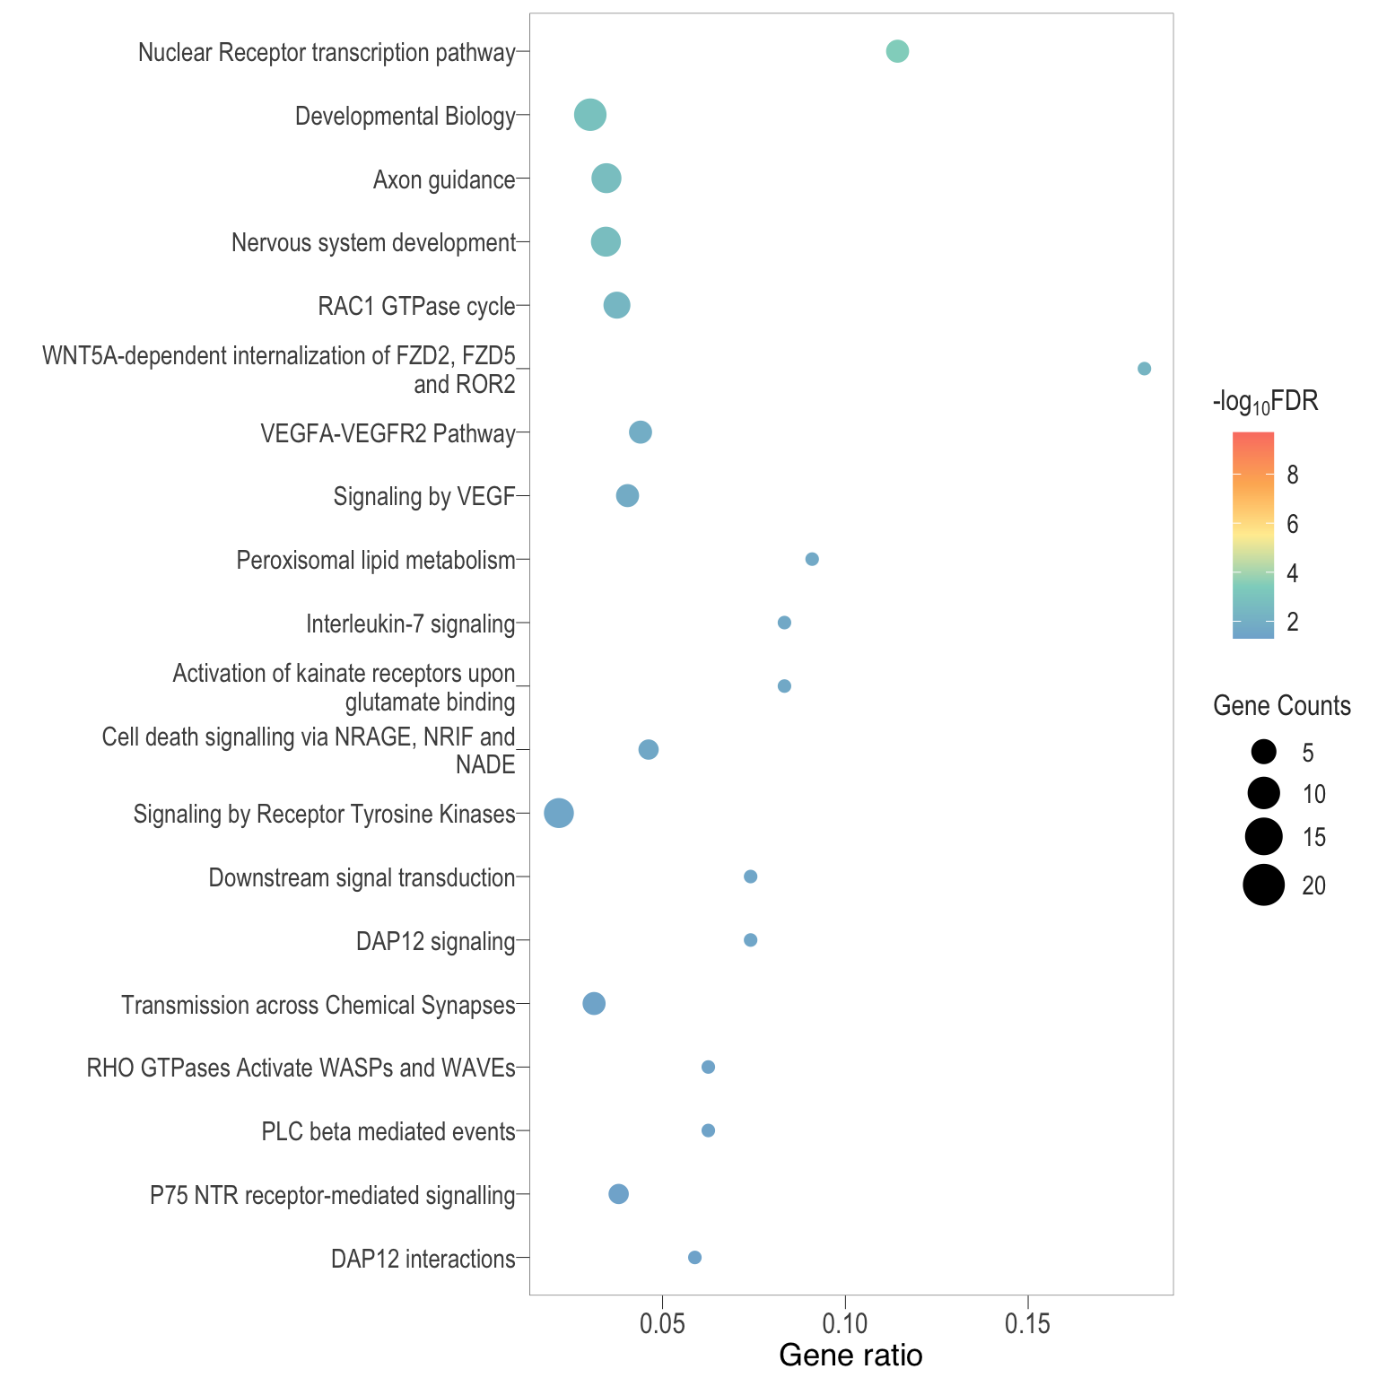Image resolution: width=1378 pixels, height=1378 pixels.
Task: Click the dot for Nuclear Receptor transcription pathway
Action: coord(897,52)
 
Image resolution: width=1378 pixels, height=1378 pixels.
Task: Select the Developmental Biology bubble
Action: coord(589,115)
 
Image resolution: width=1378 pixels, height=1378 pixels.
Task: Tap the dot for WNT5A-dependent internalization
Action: coord(1144,369)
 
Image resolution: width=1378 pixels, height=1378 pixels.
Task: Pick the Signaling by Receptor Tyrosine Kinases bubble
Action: coord(559,814)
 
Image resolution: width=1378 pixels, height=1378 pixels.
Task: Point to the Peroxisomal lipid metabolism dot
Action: coord(812,559)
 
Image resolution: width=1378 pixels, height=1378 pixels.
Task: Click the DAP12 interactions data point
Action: coord(694,1258)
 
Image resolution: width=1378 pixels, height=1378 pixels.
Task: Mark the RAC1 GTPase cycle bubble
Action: coord(616,306)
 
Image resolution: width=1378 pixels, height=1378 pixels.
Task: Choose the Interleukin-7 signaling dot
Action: coord(784,623)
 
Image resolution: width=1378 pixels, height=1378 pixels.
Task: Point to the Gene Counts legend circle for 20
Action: coord(1263,885)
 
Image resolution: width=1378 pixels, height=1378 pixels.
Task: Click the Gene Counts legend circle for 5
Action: coord(1263,752)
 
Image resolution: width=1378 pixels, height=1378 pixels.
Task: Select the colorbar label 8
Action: coord(1293,475)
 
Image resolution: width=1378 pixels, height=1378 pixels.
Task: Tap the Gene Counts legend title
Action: coord(1281,706)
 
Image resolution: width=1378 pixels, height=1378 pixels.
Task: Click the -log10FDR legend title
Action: coord(1265,402)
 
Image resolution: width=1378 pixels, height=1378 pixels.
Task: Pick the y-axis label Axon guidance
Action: coord(444,180)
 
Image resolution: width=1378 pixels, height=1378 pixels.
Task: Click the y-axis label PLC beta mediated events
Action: coord(388,1131)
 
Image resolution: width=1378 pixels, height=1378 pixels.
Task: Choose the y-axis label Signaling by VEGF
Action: coord(424,496)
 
